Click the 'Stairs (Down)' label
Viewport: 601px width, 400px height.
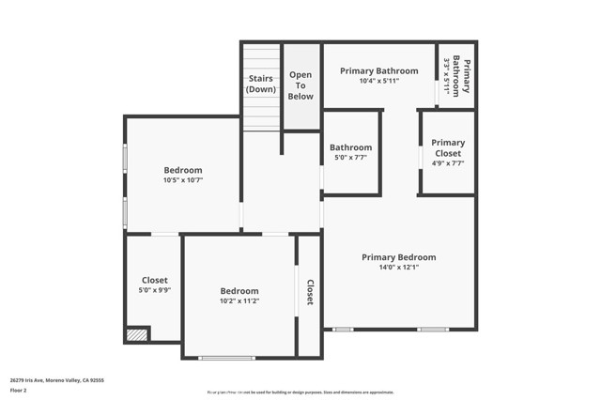[262, 84]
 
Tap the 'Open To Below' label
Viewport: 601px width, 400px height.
[300, 85]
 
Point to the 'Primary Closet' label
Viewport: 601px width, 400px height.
[448, 147]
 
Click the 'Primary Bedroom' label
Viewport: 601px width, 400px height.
[399, 256]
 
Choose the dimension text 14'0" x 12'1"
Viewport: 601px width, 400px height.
[399, 267]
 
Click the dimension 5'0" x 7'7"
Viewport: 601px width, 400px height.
[350, 158]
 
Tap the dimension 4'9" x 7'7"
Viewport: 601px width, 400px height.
[448, 163]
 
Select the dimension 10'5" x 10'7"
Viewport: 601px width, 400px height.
[183, 180]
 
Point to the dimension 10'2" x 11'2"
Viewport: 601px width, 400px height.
[239, 301]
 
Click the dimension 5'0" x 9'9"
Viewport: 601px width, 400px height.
[155, 290]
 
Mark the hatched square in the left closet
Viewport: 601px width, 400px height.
[137, 333]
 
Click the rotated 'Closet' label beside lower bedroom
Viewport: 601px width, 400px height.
[310, 292]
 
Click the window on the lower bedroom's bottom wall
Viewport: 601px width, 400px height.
[226, 357]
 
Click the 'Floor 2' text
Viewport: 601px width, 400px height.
[19, 390]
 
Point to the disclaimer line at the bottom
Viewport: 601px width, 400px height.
[300, 392]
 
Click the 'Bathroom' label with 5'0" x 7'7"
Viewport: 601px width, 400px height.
[350, 147]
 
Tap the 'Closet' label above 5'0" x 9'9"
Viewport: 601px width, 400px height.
[155, 280]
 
